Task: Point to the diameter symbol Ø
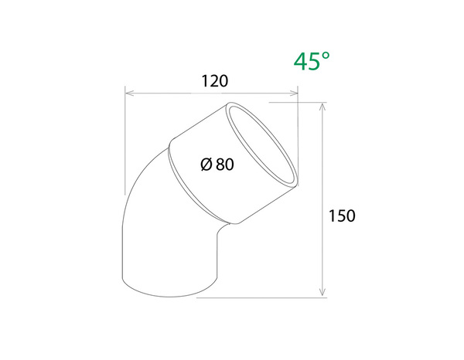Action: click(x=206, y=164)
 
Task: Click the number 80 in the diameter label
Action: click(x=224, y=164)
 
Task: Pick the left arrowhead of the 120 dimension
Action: click(x=129, y=94)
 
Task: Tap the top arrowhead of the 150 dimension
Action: click(x=322, y=106)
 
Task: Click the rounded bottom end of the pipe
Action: click(x=170, y=289)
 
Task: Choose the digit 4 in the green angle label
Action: click(x=300, y=61)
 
